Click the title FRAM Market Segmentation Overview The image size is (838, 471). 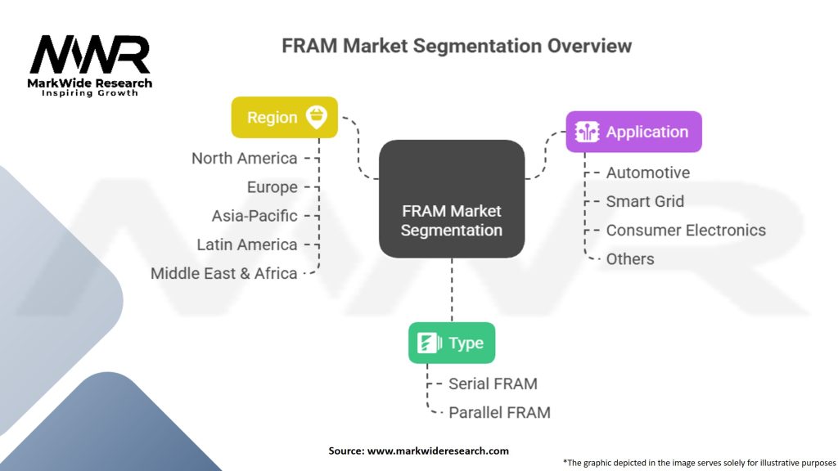tap(457, 46)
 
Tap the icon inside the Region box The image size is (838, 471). tap(317, 117)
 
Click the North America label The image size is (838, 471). tap(244, 158)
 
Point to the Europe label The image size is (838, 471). tap(273, 187)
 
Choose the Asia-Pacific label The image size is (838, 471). tap(255, 216)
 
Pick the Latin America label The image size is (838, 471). tap(247, 244)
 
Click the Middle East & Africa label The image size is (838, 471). tap(223, 273)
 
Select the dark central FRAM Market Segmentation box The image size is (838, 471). tap(451, 199)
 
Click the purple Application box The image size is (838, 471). tap(633, 132)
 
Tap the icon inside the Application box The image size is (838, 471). tap(588, 132)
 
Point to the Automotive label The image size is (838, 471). tap(647, 173)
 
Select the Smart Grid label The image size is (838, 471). tap(645, 201)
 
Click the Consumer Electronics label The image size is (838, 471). tap(686, 230)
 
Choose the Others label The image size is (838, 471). tap(630, 259)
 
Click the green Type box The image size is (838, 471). tap(451, 343)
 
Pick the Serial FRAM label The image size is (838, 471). tap(493, 383)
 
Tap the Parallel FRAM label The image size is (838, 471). tap(499, 412)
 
